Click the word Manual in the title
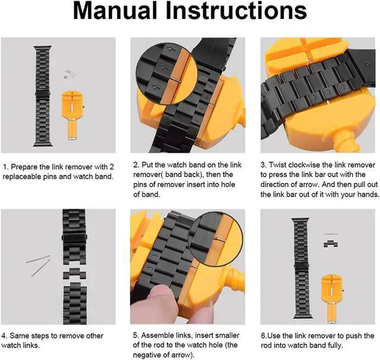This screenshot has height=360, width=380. coord(115,11)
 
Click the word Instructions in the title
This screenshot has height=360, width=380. coord(236,11)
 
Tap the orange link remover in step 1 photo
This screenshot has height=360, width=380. coord(72,115)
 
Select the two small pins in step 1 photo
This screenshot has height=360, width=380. coord(70,74)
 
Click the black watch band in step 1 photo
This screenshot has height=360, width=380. coord(43,96)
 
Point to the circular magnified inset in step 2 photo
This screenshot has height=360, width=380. coord(167,74)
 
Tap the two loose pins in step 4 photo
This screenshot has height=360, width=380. coord(39,266)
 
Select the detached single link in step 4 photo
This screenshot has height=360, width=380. coord(75,273)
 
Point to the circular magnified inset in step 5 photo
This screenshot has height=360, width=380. coord(215,238)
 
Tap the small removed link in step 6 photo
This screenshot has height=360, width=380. coord(331,244)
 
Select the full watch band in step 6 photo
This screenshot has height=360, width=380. coord(302,268)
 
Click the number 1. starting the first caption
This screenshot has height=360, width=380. coord(5,167)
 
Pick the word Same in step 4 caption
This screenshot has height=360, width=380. coord(18,336)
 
